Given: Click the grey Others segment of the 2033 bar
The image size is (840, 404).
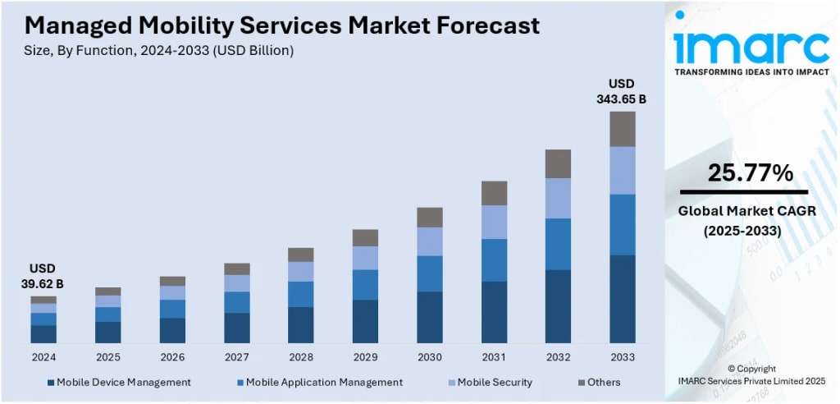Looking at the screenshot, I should click(x=623, y=129).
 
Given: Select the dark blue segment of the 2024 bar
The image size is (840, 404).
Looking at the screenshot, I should click(x=43, y=333).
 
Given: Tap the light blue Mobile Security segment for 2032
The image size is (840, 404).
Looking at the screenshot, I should click(x=558, y=198).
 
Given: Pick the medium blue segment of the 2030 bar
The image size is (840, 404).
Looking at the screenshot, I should click(x=429, y=273).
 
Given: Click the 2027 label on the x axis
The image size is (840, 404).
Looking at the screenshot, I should click(x=237, y=357).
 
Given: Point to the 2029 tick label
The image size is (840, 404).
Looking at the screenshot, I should click(x=365, y=357).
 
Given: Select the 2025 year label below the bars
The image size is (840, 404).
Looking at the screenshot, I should click(x=107, y=357).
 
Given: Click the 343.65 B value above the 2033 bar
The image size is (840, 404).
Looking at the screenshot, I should click(x=621, y=99).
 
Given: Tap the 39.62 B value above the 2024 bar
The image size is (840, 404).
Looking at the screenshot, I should click(x=43, y=284).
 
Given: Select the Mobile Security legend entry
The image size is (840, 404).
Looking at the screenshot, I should click(x=494, y=382).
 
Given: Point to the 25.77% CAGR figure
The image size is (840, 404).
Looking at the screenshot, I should click(x=749, y=173).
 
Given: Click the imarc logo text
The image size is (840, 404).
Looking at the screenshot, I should click(x=751, y=47).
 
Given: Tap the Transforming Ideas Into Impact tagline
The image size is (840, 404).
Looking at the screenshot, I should click(x=751, y=72).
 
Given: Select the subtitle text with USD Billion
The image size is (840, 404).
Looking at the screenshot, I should click(x=154, y=50).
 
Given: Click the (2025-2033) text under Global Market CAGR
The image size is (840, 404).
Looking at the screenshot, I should click(x=742, y=232).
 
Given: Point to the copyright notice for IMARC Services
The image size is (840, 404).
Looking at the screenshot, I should click(x=751, y=374).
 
